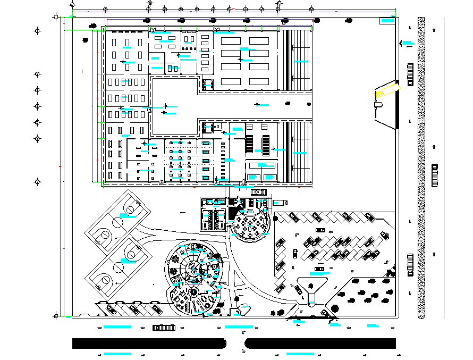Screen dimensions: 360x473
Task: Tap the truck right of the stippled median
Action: coord(435,175)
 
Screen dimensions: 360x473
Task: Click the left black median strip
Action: coord(149,343)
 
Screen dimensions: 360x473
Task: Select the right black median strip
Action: coord(321,343)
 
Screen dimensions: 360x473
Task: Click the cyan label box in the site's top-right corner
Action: coord(386,21)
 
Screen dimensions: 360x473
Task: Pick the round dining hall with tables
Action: coord(251,224)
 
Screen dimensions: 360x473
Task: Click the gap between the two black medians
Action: coord(235,343)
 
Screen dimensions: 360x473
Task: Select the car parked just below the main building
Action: coord(259,192)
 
